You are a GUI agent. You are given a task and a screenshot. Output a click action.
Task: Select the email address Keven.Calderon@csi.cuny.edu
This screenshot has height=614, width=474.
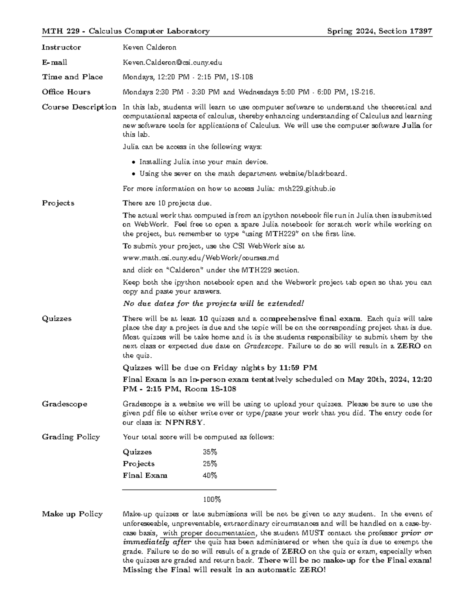click(172, 62)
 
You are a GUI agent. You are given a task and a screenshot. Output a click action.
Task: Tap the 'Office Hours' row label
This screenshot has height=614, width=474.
click(66, 92)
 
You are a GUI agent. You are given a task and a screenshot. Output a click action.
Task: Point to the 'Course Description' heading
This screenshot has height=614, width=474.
click(79, 107)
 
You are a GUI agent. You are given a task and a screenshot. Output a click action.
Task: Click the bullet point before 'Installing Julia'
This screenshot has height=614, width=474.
click(134, 162)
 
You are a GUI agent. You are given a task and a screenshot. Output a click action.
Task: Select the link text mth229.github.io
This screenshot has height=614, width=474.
click(307, 189)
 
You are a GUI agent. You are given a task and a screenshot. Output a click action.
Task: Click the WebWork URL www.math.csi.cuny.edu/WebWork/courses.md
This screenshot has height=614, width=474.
click(201, 258)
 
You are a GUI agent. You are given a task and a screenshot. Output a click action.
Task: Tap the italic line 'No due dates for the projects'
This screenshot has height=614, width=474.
click(213, 304)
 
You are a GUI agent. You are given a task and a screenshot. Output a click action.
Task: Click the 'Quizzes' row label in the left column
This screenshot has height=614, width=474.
click(57, 319)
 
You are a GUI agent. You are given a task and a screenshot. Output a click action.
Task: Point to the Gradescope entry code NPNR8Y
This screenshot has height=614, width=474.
click(184, 422)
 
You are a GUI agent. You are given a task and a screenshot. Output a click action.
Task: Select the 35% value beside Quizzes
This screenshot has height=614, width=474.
click(210, 452)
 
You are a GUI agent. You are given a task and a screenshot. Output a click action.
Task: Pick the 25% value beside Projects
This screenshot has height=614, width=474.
click(210, 464)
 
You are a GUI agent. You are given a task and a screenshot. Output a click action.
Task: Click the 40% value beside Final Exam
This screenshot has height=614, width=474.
click(210, 476)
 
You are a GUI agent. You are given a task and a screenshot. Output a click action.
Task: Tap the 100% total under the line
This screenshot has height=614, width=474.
click(212, 499)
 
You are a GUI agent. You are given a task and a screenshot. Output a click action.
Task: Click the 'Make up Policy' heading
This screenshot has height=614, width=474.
click(72, 514)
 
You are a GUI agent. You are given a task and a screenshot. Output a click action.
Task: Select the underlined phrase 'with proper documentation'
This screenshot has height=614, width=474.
click(209, 533)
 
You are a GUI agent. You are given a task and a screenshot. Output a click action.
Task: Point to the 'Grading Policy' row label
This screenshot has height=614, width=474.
click(71, 437)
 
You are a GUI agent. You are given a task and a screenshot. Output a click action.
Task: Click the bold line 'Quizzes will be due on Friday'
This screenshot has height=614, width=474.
click(220, 368)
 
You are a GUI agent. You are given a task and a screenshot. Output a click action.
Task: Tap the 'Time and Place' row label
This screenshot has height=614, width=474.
click(72, 77)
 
